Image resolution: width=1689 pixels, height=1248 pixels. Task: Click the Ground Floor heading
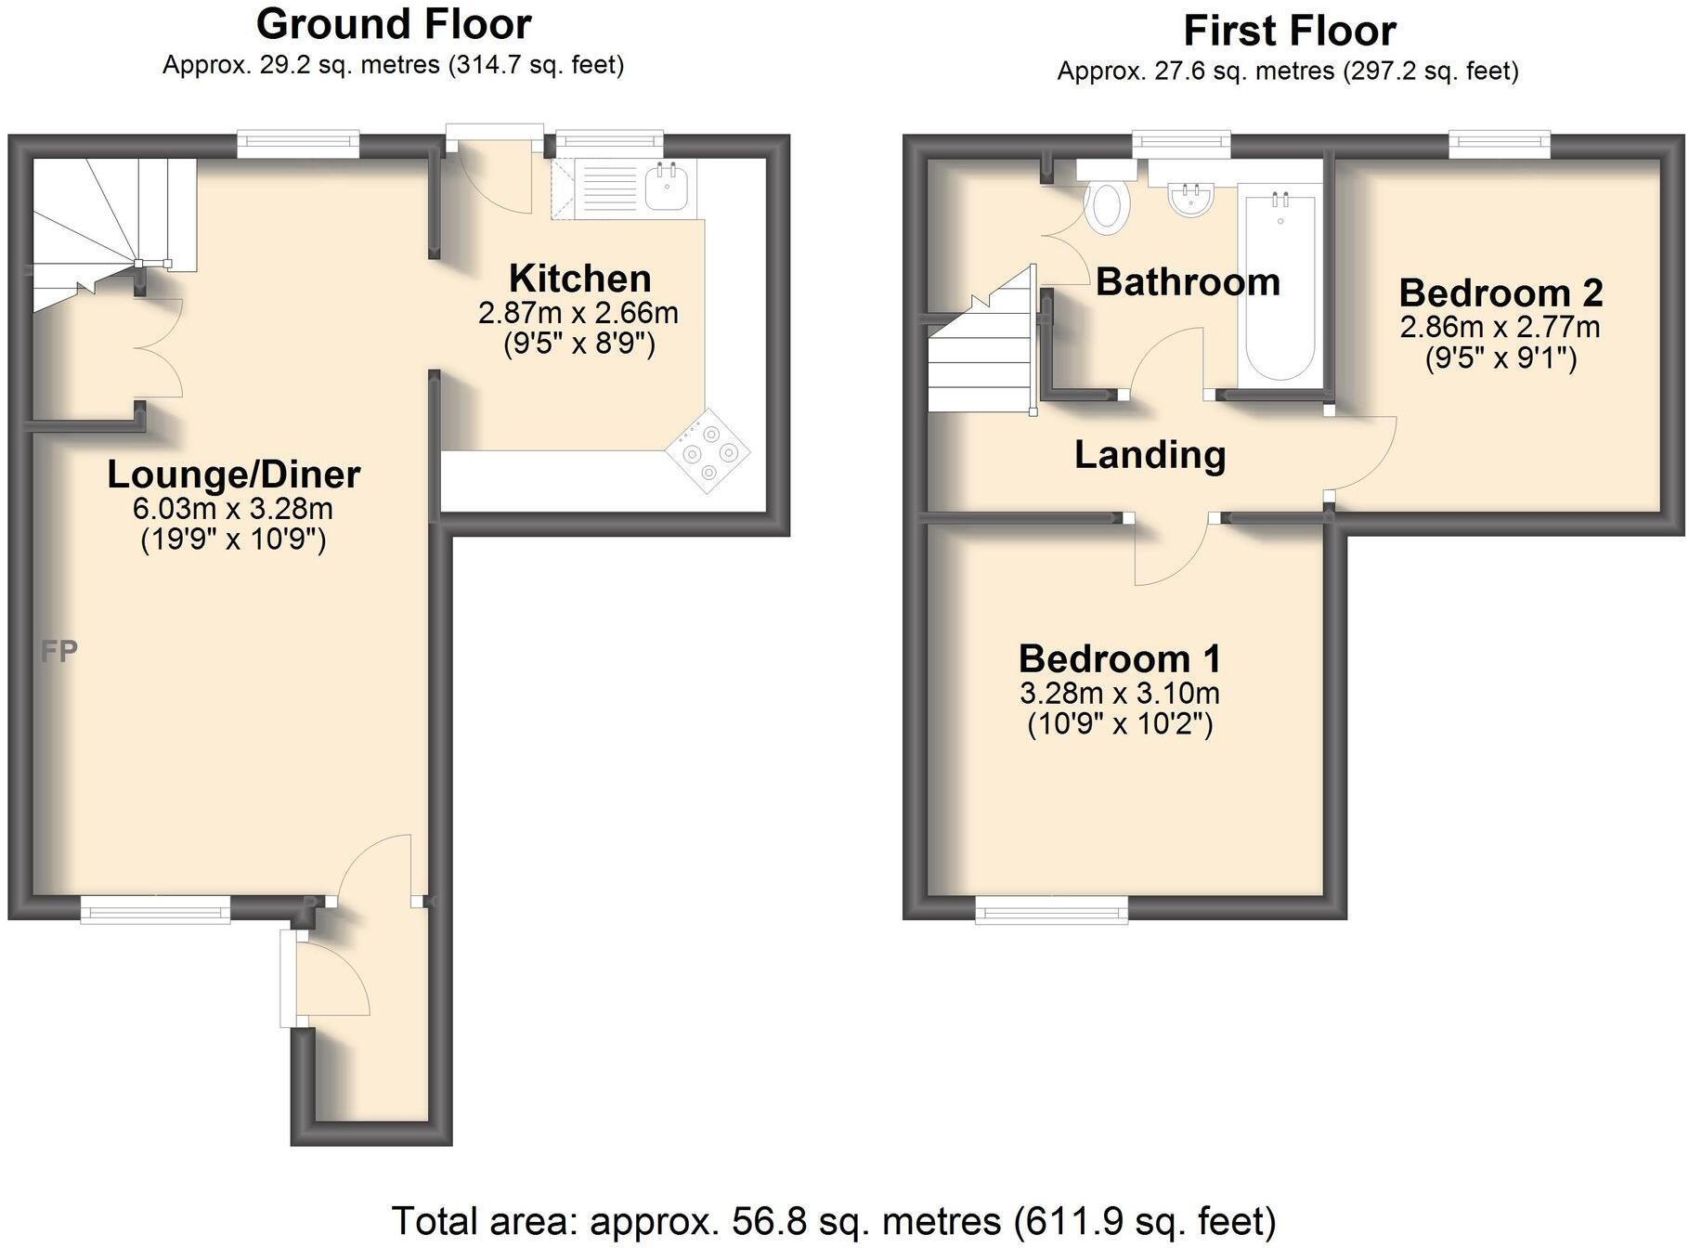pos(394,25)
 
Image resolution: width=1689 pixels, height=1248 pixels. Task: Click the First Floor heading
pos(1289,32)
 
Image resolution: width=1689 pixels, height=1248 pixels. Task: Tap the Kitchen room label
pos(580,279)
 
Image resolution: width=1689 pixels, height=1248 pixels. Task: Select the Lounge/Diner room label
pos(234,474)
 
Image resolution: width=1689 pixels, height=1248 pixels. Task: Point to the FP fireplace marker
pos(58,652)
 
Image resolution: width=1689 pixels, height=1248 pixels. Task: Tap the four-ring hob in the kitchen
pos(708,450)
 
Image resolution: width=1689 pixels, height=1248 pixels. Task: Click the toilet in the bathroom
pos(1106,197)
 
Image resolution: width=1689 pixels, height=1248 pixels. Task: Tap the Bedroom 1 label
pos(1120,659)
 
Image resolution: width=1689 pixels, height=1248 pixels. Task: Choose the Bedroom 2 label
pos(1501,293)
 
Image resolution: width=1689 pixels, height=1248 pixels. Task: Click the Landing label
pos(1150,456)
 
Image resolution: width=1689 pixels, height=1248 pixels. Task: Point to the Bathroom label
pos(1189,282)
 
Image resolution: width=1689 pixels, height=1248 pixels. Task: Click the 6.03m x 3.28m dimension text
pos(233,509)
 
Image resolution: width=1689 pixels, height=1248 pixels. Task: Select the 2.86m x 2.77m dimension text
pos(1501,327)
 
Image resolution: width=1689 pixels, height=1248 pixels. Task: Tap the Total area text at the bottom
pos(834,1222)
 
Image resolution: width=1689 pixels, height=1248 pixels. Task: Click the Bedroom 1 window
pos(1052,910)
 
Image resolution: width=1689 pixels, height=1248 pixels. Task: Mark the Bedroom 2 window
pos(1501,143)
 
